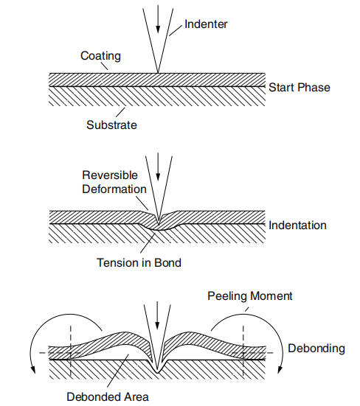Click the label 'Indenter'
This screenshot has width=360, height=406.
tap(206, 24)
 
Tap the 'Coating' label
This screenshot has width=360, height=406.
tap(100, 56)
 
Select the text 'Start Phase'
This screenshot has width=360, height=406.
tap(299, 88)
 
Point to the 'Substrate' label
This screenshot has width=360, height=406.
tap(111, 125)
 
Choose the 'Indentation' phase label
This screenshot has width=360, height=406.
tap(297, 225)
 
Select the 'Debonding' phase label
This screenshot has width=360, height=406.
tap(316, 349)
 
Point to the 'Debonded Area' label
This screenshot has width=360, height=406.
tap(108, 396)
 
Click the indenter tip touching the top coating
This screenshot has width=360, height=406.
tap(157, 72)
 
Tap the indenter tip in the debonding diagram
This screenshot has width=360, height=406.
tap(157, 368)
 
